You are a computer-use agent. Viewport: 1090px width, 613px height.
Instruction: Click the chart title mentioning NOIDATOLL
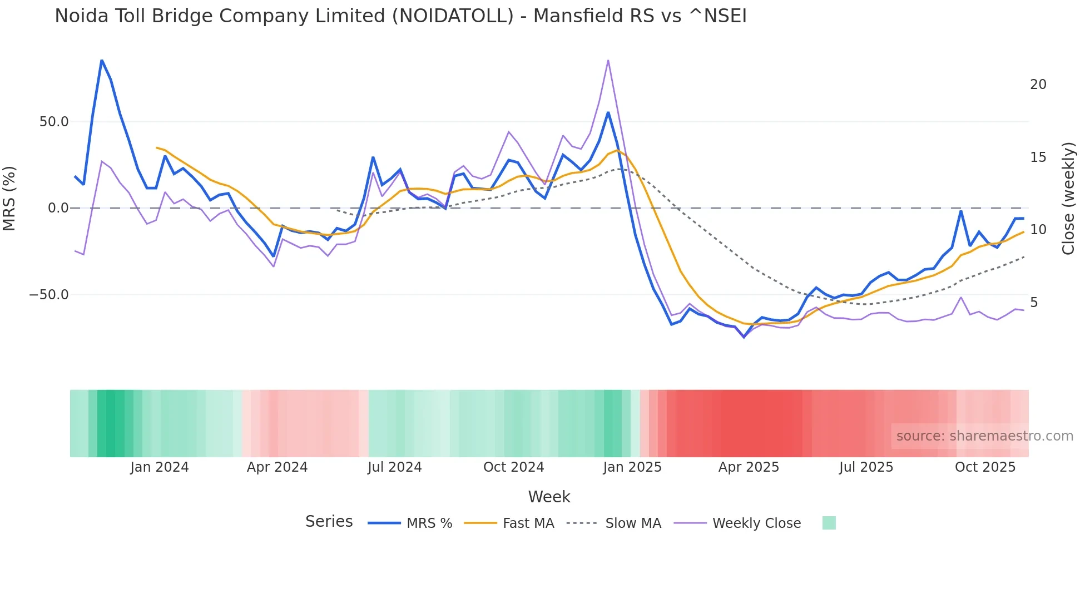click(x=400, y=16)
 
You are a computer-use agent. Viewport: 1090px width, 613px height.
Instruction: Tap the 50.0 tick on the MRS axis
click(x=54, y=122)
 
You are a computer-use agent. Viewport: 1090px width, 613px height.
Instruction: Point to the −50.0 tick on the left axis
click(x=49, y=295)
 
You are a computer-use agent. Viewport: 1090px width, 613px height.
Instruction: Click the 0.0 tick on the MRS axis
click(x=58, y=208)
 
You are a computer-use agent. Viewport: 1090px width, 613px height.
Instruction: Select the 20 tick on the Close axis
click(x=1038, y=85)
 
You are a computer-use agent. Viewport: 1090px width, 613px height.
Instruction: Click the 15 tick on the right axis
click(x=1038, y=157)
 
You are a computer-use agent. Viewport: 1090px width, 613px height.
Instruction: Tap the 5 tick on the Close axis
click(x=1034, y=303)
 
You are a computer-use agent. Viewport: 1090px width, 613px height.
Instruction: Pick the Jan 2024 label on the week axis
click(x=160, y=467)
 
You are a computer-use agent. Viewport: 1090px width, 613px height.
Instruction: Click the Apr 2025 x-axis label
click(x=749, y=467)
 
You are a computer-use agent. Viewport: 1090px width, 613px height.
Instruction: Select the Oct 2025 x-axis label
click(x=985, y=467)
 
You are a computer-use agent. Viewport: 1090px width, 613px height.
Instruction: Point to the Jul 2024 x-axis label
click(x=395, y=467)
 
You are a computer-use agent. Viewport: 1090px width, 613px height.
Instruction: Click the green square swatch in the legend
click(x=829, y=523)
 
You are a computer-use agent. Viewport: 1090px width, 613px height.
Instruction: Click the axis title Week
click(x=549, y=497)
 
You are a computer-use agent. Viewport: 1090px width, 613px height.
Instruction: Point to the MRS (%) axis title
click(x=9, y=198)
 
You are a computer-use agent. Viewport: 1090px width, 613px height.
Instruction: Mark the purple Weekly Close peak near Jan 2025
click(x=608, y=60)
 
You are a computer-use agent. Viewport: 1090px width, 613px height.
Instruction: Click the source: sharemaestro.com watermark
click(x=984, y=436)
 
